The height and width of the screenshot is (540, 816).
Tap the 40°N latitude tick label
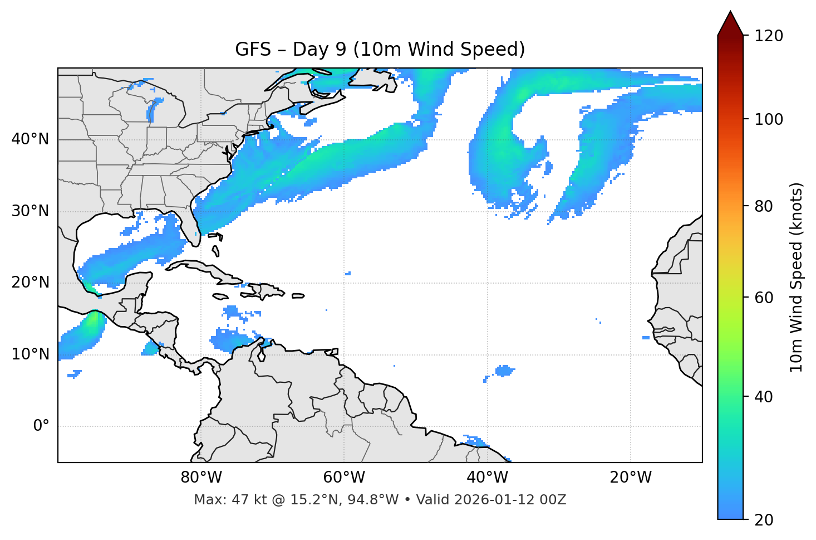30,139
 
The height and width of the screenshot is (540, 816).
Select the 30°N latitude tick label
30,211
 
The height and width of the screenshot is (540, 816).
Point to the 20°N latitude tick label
30,283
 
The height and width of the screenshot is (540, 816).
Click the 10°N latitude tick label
30,354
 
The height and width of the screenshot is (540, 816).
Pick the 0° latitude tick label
41,426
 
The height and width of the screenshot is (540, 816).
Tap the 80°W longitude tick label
201,478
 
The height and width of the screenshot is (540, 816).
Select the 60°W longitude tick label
344,478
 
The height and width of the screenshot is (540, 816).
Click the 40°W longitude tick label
488,478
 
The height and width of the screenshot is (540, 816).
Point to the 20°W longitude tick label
631,478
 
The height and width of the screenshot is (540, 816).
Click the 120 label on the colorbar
769,36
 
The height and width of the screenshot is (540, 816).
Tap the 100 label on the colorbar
769,119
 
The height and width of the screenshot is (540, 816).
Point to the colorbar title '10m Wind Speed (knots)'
797,278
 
